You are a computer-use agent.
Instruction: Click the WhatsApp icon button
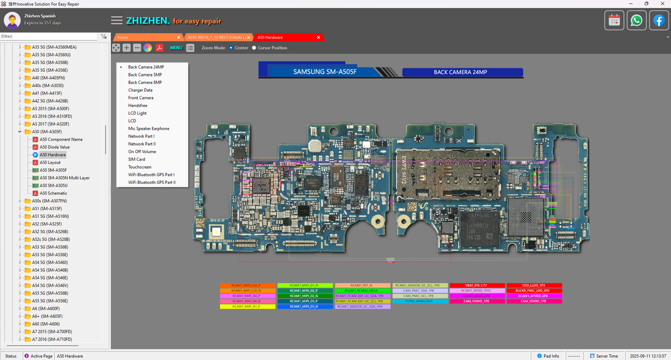point(636,20)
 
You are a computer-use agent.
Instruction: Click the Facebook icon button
point(659,20)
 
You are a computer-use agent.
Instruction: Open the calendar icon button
point(614,20)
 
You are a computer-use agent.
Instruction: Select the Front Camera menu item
point(140,98)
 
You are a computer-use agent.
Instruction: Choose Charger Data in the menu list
point(140,90)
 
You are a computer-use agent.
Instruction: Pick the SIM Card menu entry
point(136,159)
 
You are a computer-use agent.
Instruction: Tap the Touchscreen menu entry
point(139,167)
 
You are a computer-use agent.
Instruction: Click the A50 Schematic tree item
point(53,193)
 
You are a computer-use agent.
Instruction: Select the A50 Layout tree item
point(50,162)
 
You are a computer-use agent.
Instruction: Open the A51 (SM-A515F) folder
point(46,209)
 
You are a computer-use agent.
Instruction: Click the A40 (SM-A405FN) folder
point(48,78)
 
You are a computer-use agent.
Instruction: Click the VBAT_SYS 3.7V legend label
point(477,286)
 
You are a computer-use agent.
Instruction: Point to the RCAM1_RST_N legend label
point(362,286)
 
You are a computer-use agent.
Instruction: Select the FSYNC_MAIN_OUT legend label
point(419,301)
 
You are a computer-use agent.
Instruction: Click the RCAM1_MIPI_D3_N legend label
point(305,307)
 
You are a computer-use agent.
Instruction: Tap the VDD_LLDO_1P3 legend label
point(534,286)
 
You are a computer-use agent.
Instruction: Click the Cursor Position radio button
point(254,48)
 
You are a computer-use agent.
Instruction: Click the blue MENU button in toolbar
point(176,48)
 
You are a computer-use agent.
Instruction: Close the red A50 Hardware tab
point(318,37)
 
